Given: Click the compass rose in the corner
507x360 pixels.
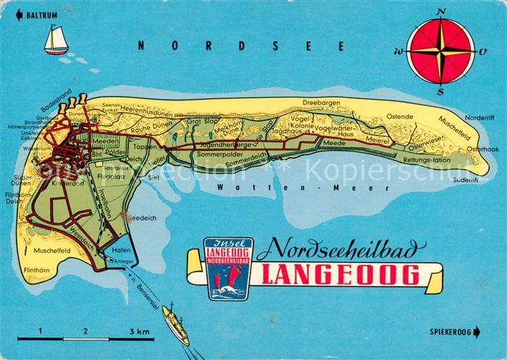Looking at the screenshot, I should (440, 51).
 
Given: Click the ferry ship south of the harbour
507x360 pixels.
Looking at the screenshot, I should (176, 324).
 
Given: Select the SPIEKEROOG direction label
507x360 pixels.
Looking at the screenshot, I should (453, 332).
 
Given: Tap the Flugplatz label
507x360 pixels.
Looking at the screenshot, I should (111, 175).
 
